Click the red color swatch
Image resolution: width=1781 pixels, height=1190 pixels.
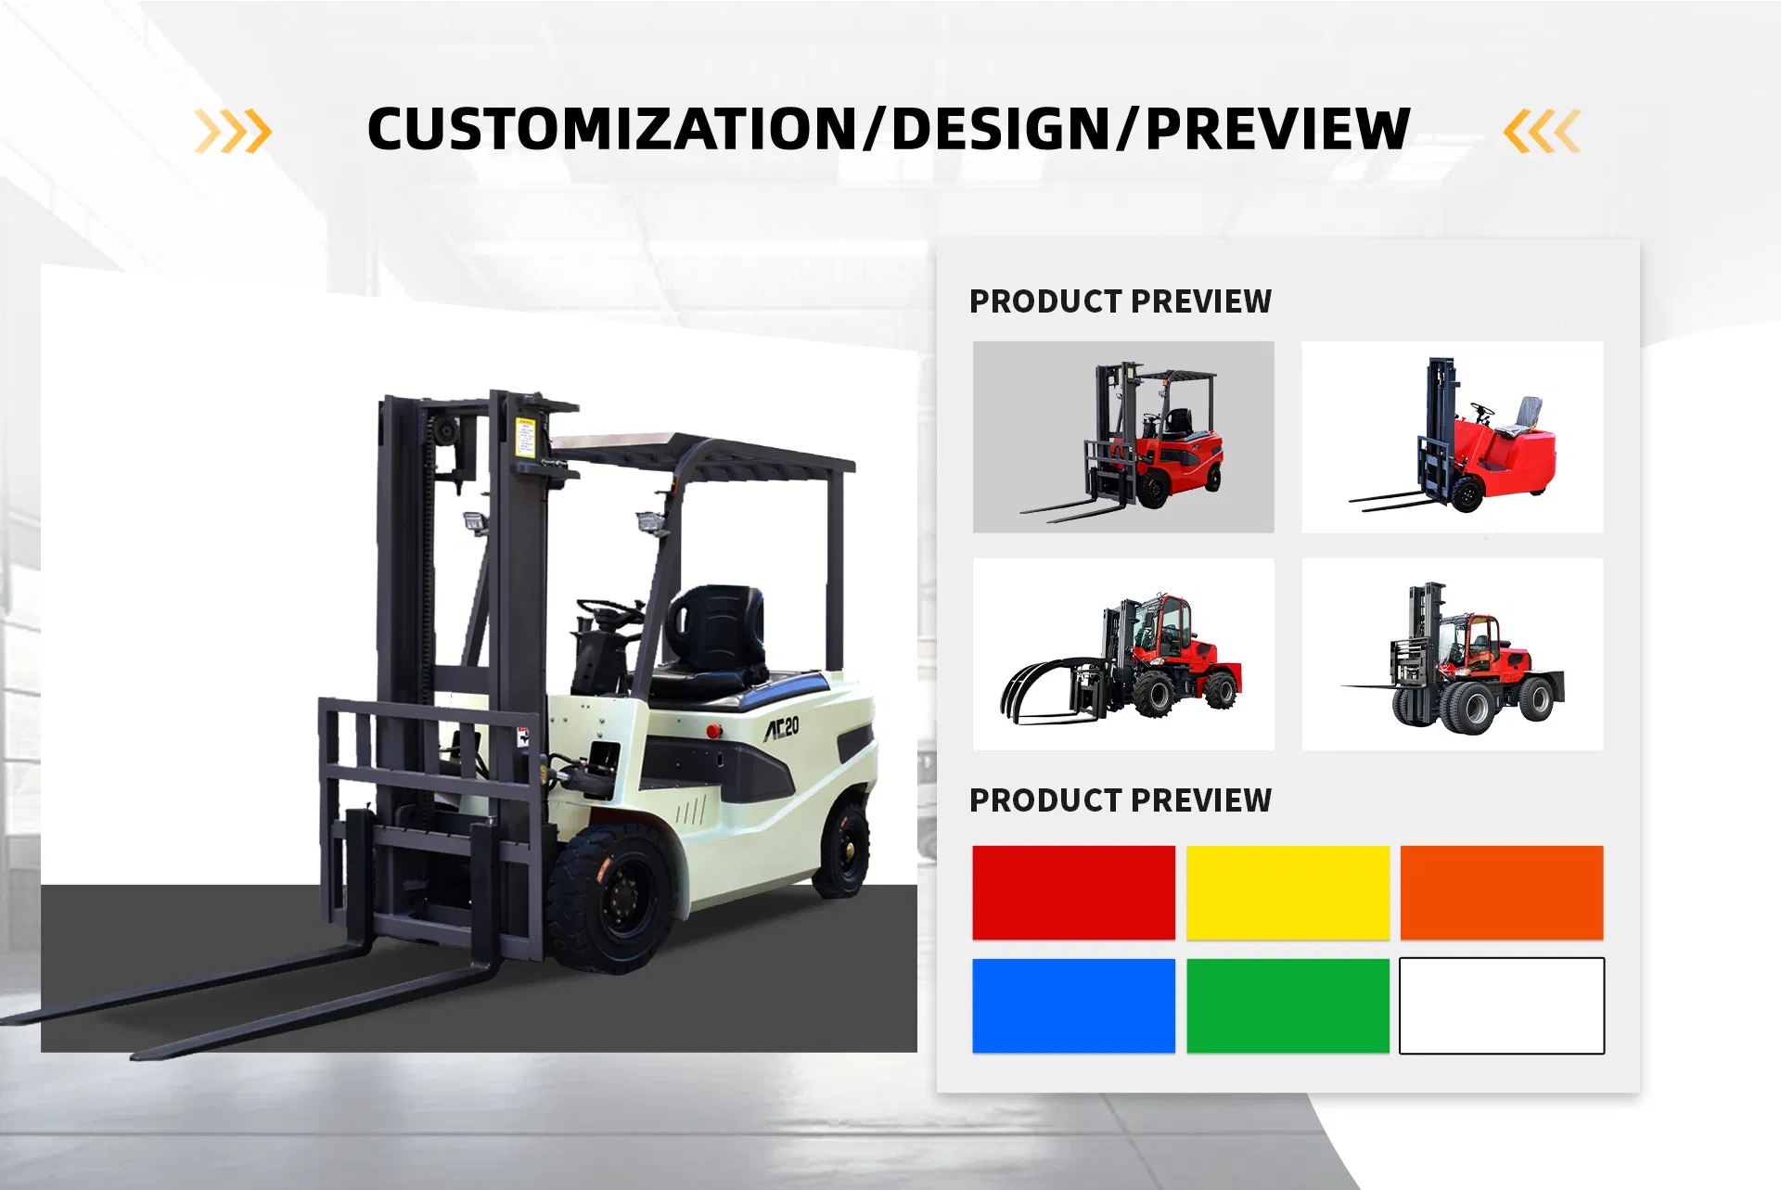[x=1073, y=892]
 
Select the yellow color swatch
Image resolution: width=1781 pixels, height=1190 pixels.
[x=1288, y=892]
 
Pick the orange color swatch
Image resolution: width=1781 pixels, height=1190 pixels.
[x=1502, y=892]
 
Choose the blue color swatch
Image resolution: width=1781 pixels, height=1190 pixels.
[x=1073, y=1005]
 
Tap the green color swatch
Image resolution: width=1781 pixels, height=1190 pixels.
[x=1288, y=1005]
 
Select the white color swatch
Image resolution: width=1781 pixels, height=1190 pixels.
[x=1502, y=1005]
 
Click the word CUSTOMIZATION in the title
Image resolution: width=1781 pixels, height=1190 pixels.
[x=612, y=129]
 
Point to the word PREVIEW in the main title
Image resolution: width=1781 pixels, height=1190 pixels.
[x=1278, y=129]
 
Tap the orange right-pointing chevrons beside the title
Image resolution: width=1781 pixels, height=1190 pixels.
[x=233, y=131]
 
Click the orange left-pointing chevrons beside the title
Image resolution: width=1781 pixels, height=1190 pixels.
[x=1542, y=131]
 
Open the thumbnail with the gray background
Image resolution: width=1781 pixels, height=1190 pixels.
[x=1123, y=437]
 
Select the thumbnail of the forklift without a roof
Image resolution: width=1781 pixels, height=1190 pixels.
[x=1452, y=437]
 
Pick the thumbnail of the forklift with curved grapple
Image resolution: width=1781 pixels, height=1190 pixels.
[x=1123, y=654]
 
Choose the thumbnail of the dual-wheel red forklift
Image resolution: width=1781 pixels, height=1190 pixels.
[x=1452, y=654]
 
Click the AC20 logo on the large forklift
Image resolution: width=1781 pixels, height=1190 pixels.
[x=781, y=728]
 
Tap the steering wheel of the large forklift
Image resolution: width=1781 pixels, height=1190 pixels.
[x=609, y=611]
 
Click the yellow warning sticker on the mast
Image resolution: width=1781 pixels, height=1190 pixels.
[x=526, y=436]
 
